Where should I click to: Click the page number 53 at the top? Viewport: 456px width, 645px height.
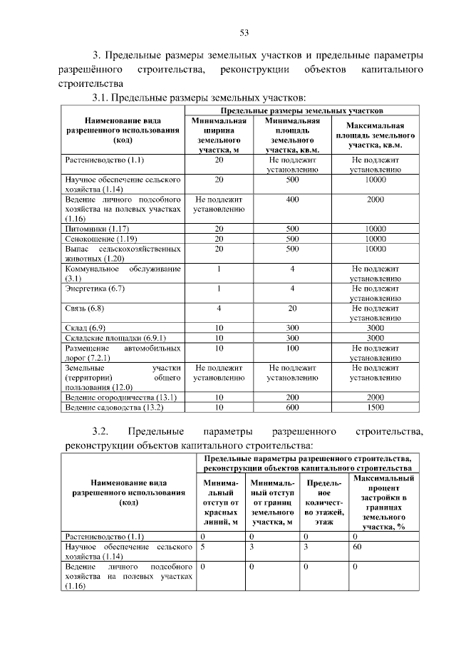[x=244, y=33]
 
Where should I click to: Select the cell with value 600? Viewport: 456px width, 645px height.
[x=292, y=407]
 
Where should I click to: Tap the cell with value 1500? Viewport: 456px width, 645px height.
[x=375, y=407]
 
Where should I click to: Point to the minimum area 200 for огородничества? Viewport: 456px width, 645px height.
[x=292, y=397]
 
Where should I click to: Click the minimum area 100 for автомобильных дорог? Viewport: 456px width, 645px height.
[x=292, y=348]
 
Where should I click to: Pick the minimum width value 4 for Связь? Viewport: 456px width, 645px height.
[x=219, y=309]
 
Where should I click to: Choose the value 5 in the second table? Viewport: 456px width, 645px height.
[x=203, y=547]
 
